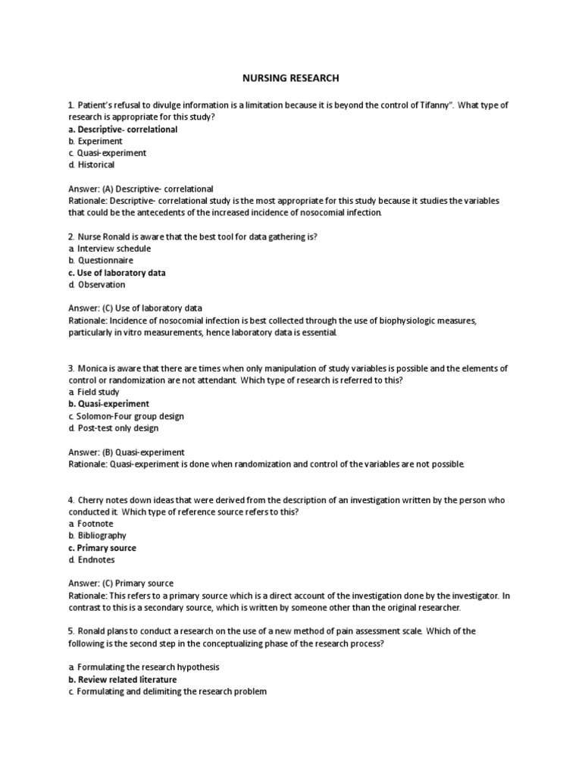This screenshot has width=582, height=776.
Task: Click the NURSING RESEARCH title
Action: point(290,78)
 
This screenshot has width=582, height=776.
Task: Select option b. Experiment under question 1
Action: point(95,141)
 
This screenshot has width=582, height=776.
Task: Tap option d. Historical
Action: point(91,164)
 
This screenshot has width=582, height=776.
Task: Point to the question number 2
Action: point(70,236)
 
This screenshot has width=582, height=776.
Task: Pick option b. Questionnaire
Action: point(102,261)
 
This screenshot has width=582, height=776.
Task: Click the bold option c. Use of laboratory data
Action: point(117,273)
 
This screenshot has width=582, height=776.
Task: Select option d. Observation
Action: point(96,285)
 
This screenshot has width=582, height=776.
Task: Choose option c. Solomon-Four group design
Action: point(126,416)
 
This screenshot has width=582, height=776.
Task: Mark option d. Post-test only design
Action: point(113,428)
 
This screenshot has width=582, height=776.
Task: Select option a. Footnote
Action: point(91,524)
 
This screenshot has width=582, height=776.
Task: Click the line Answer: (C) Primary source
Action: point(120,584)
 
